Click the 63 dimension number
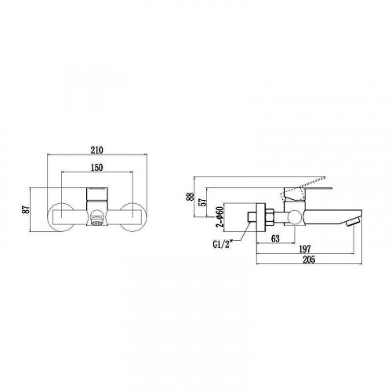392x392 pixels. pos(274,240)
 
